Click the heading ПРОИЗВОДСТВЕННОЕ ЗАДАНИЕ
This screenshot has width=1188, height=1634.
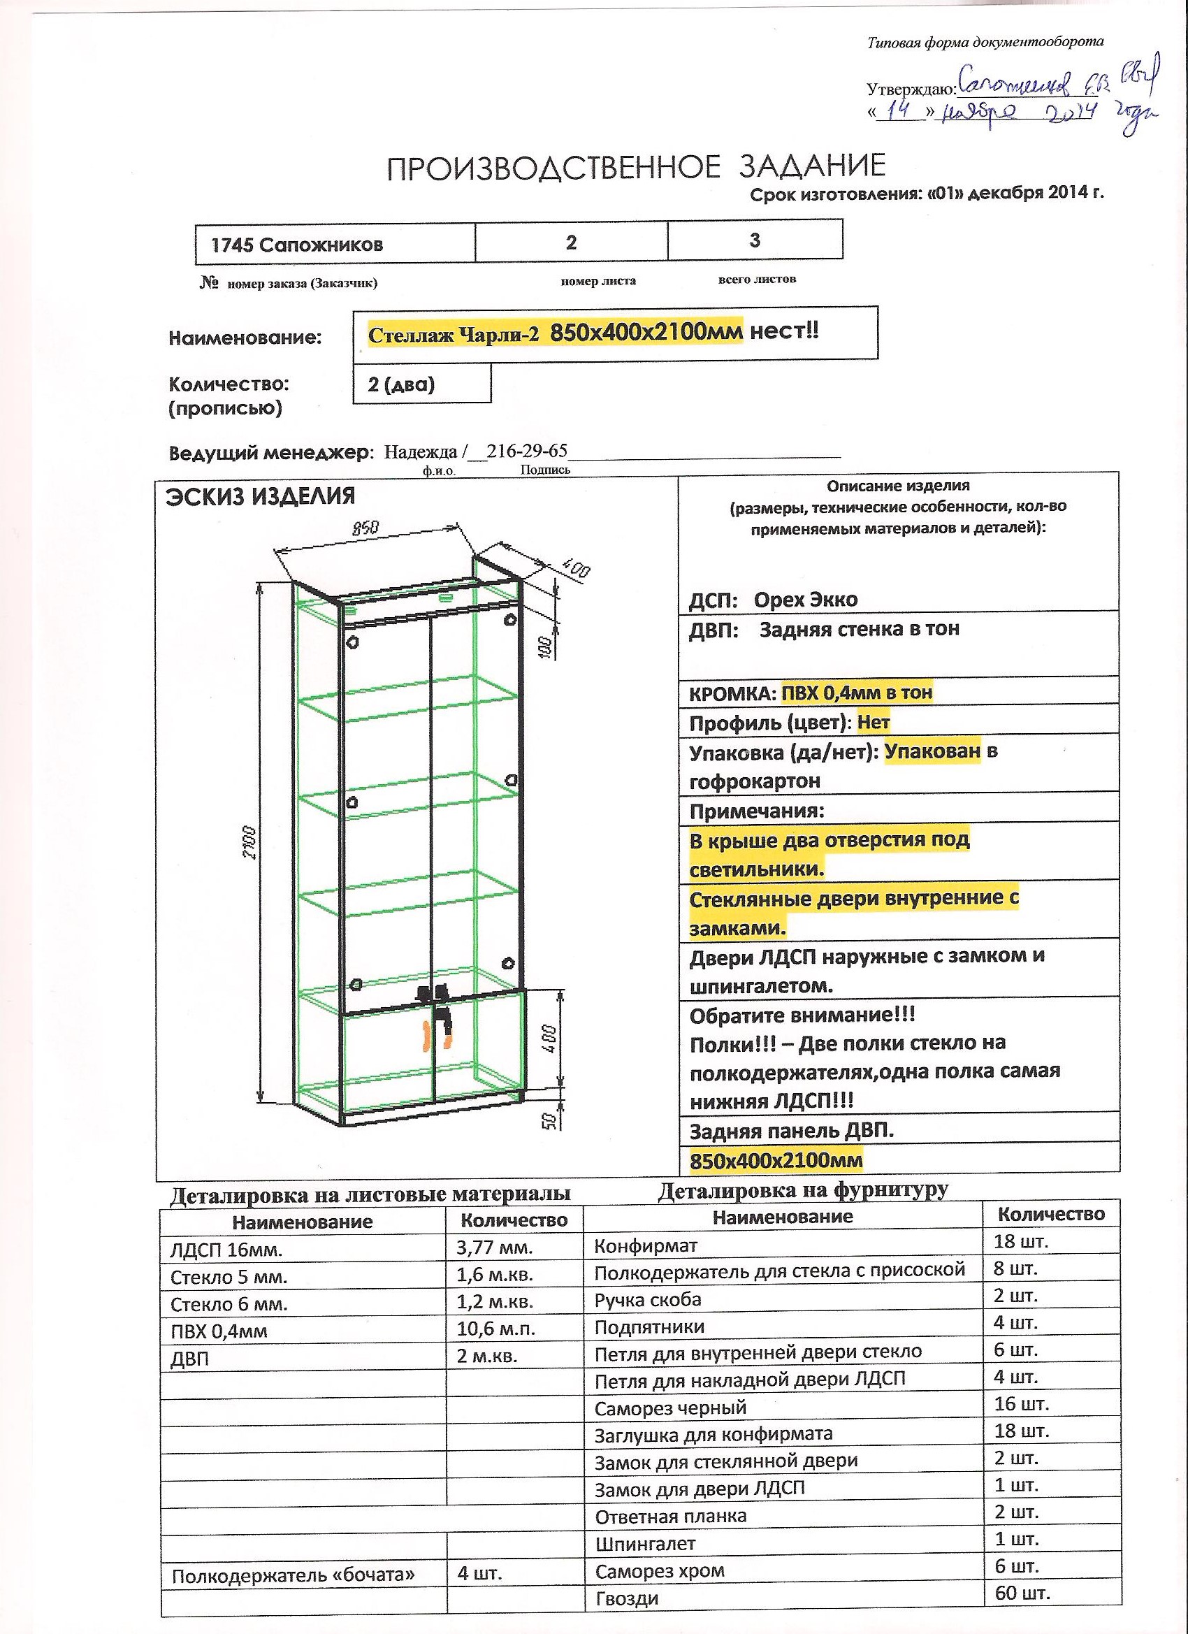click(636, 167)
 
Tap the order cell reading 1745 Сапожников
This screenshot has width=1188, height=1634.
click(297, 245)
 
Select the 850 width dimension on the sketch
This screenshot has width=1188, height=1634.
click(366, 528)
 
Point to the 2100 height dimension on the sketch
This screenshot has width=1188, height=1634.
click(249, 841)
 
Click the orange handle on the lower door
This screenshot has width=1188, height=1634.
click(426, 1035)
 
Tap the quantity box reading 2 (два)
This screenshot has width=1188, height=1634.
click(401, 384)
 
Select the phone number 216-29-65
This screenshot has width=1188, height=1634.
click(527, 451)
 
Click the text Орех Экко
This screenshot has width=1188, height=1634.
click(806, 600)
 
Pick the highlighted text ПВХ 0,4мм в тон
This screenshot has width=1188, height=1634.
click(857, 693)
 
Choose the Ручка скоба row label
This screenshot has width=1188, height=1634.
click(648, 1300)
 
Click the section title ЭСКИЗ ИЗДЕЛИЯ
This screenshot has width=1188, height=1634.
click(260, 496)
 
